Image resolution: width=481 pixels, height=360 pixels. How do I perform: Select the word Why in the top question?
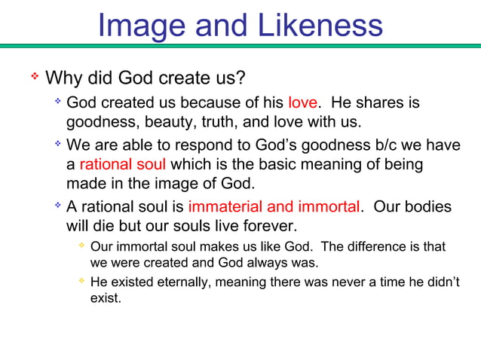click(x=63, y=78)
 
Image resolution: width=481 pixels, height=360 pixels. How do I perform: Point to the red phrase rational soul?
click(x=123, y=164)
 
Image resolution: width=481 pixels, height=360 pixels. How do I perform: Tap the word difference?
click(x=388, y=246)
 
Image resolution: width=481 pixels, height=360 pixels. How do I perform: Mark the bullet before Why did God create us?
click(x=34, y=76)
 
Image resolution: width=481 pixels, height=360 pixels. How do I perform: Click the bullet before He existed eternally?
click(x=81, y=282)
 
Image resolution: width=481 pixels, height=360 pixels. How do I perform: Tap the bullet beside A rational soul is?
click(x=57, y=206)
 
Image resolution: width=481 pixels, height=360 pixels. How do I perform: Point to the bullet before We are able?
click(x=57, y=145)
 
